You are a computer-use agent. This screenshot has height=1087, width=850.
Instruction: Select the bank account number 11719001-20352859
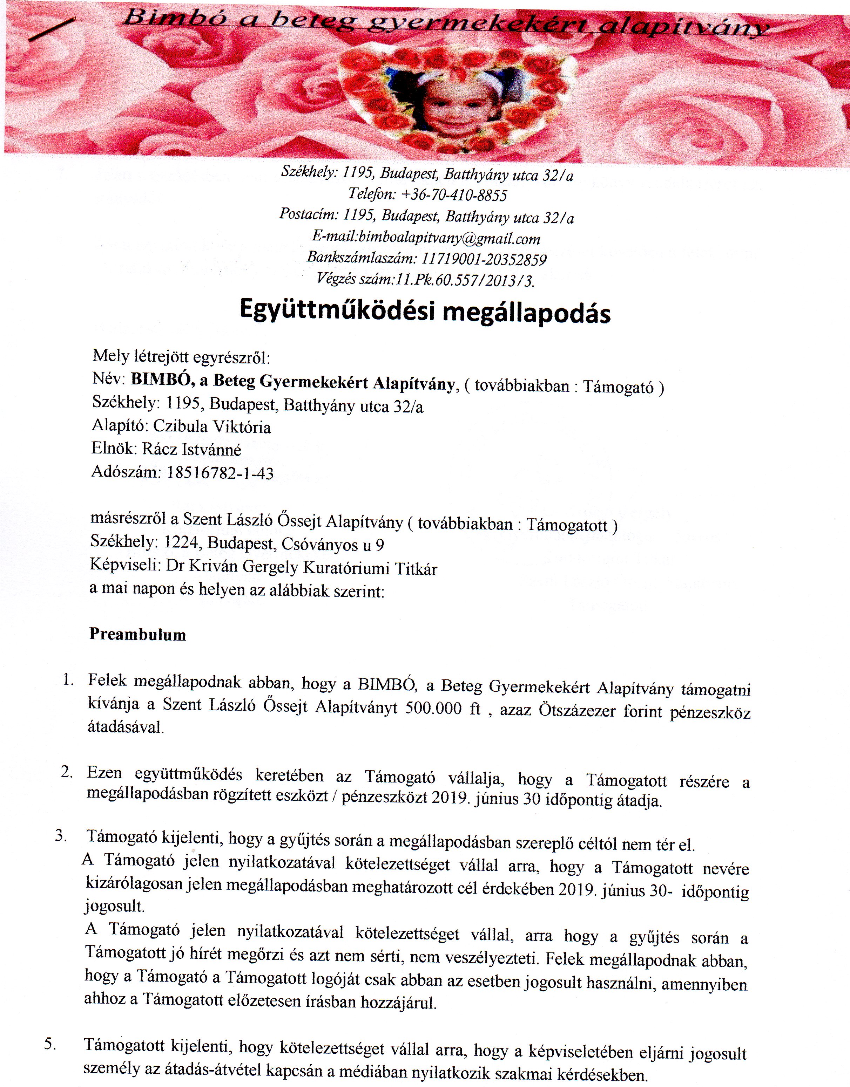click(x=484, y=259)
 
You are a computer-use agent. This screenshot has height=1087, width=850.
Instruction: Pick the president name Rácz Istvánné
click(x=192, y=450)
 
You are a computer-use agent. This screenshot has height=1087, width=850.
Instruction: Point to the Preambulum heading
click(x=137, y=635)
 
